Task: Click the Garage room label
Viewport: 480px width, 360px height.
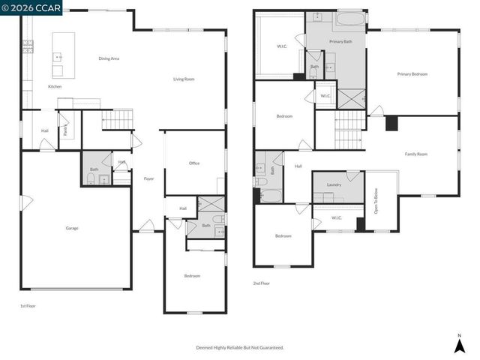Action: [x=72, y=228]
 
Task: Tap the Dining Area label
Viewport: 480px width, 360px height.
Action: [x=109, y=58]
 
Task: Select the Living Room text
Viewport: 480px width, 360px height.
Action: [x=184, y=79]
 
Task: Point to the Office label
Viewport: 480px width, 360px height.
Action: [x=194, y=163]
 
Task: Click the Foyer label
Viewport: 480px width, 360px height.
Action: [x=148, y=178]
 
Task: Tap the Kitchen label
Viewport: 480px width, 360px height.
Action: [x=55, y=87]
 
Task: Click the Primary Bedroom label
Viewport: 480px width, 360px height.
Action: [x=412, y=73]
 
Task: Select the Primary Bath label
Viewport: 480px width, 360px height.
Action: [x=340, y=41]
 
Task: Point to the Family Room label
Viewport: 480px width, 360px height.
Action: [x=416, y=154]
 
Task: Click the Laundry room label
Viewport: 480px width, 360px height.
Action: [x=334, y=184]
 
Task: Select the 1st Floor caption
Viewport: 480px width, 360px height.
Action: [x=28, y=306]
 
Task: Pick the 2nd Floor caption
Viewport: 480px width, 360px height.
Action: [x=261, y=283]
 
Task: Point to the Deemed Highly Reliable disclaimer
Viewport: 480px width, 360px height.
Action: [x=240, y=347]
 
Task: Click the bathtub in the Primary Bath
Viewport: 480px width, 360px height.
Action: [x=349, y=17]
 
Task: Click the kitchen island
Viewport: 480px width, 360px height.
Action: [x=63, y=55]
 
